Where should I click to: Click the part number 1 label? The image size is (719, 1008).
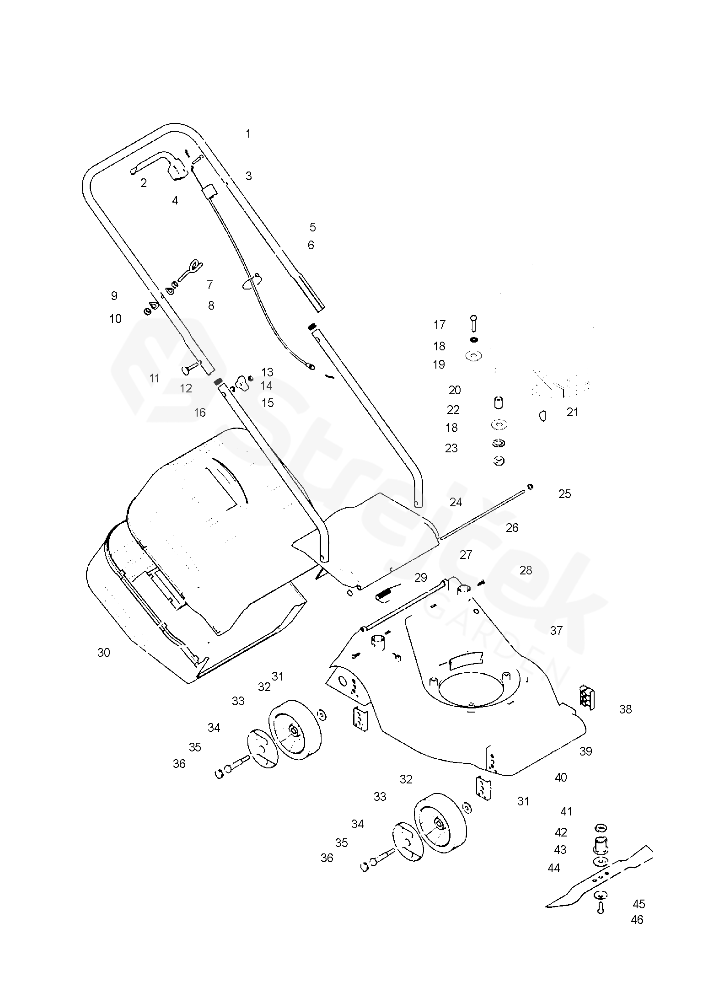248,134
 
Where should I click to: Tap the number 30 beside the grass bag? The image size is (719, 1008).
104,653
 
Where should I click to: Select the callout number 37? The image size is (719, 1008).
556,631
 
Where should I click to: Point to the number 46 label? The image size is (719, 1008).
637,920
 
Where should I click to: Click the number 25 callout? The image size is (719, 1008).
565,494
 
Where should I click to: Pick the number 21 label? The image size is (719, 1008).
573,412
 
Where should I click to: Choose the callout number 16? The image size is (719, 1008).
200,413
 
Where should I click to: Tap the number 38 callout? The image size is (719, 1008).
625,709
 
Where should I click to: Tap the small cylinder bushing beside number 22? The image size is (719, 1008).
499,402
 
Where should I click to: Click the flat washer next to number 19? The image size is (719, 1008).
474,355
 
